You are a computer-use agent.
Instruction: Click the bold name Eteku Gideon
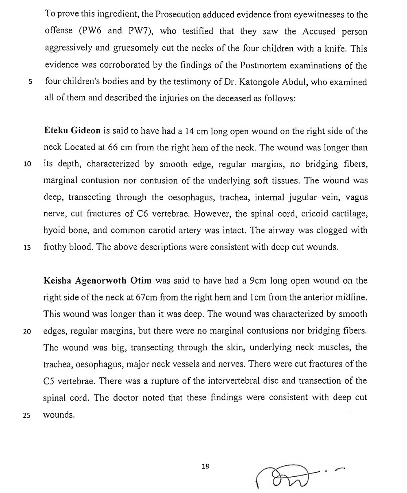67,131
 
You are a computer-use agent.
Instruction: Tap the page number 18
205,467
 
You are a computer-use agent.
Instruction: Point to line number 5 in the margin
30,82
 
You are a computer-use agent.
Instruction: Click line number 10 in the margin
28,165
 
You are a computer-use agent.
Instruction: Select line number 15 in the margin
28,247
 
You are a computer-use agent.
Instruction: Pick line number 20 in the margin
28,331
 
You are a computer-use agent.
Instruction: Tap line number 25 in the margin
28,415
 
